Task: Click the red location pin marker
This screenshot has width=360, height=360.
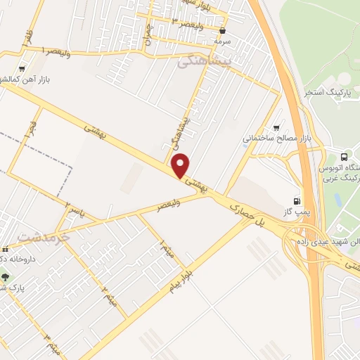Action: coord(181,165)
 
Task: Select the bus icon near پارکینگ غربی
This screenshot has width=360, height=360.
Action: coord(344,157)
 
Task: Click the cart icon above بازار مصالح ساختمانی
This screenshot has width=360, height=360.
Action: coord(276,127)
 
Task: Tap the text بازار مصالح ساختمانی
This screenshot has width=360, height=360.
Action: coord(277,139)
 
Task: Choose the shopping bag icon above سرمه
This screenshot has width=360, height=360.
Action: coord(222,31)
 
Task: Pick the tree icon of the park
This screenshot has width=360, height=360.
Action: coord(6,276)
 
